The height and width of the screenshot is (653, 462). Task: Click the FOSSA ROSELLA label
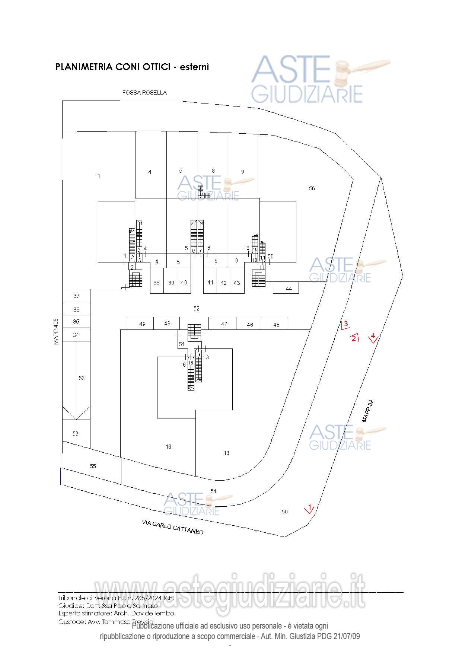144,92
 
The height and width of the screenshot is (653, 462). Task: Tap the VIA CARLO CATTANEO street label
173,527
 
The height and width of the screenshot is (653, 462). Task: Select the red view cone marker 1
309,509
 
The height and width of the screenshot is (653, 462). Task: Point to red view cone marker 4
373,337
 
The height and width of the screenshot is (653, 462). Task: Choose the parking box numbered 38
157,283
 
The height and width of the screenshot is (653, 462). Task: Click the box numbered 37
76,296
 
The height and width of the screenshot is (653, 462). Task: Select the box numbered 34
76,335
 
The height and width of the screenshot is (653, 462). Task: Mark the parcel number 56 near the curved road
312,188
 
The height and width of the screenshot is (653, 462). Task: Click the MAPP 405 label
56,331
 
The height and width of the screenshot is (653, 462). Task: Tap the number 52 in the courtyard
197,308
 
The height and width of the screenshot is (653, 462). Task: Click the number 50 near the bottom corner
284,512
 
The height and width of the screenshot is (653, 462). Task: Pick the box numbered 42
224,283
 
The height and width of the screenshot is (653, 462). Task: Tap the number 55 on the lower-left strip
93,466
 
